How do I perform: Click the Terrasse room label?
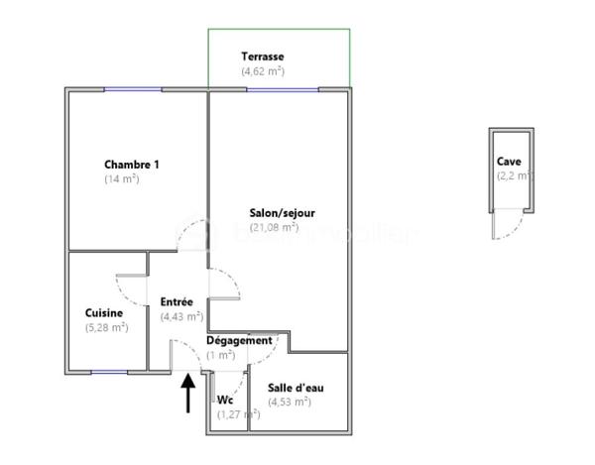click(264, 57)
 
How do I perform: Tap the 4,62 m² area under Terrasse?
click(263, 71)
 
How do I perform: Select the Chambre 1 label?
click(132, 165)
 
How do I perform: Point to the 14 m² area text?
click(122, 179)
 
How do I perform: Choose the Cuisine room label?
click(104, 313)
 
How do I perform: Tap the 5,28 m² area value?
click(107, 328)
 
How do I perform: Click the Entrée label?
click(177, 302)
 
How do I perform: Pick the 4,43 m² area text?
click(181, 317)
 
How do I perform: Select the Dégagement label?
click(239, 341)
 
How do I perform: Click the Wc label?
click(225, 401)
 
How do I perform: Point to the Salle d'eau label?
click(296, 388)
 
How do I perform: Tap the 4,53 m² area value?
click(290, 402)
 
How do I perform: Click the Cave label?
click(510, 162)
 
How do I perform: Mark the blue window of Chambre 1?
click(133, 90)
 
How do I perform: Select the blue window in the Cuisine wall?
click(109, 371)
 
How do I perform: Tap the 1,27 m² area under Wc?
click(239, 414)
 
